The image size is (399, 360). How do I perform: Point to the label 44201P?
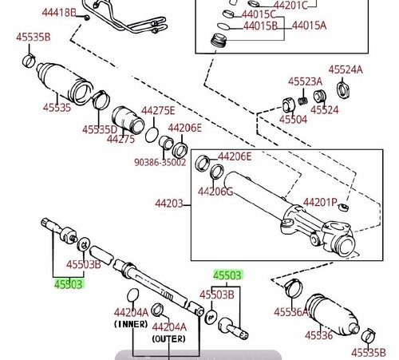pyautogui.click(x=321, y=203)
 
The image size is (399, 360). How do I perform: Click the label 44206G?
pyautogui.click(x=216, y=192)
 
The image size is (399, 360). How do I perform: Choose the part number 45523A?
pyautogui.click(x=305, y=81)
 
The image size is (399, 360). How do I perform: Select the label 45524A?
pyautogui.click(x=346, y=70)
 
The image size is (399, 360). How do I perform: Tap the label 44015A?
pyautogui.click(x=309, y=26)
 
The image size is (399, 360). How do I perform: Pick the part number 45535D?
pyautogui.click(x=99, y=129)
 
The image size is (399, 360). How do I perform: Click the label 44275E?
pyautogui.click(x=158, y=111)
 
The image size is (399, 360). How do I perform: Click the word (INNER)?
pyautogui.click(x=129, y=325)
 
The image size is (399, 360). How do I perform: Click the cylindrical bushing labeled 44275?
pyautogui.click(x=126, y=120)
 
